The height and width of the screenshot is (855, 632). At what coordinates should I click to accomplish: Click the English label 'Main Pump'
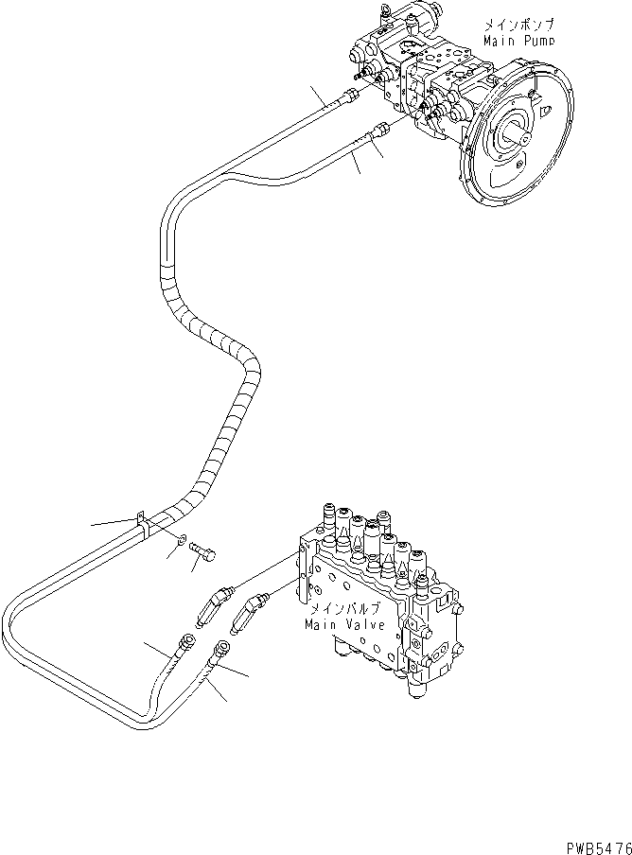click(518, 42)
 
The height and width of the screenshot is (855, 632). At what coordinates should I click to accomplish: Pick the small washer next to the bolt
click(180, 539)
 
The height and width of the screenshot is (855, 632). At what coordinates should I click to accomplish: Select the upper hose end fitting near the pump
click(352, 95)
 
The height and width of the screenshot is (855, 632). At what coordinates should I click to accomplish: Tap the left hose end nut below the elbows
click(185, 645)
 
